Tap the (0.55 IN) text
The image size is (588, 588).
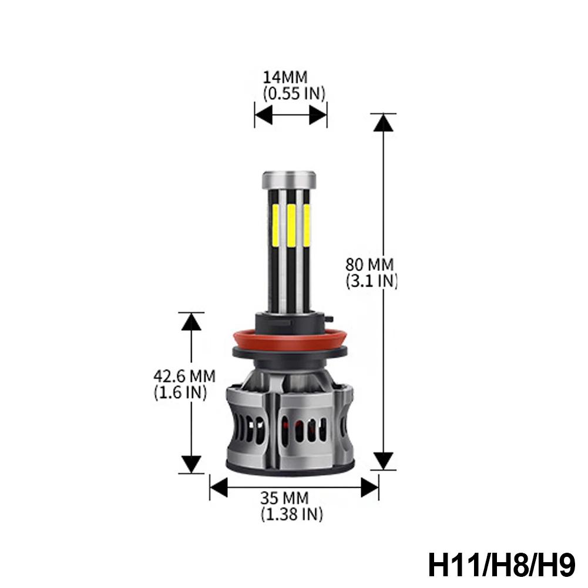[x=294, y=93]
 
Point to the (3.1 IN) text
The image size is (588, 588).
[x=372, y=281]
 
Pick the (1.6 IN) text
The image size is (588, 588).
[x=180, y=392]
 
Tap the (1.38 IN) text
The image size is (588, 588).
[x=292, y=515]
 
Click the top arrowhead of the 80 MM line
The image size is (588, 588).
[x=383, y=123]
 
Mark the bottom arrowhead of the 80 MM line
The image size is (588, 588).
[x=383, y=460]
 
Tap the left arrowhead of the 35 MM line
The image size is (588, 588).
[x=219, y=488]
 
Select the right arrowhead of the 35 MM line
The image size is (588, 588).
[x=369, y=488]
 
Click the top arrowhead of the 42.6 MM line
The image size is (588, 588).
[x=190, y=322]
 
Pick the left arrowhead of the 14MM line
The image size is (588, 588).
[x=263, y=115]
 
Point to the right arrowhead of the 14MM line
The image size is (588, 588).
[x=318, y=115]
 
